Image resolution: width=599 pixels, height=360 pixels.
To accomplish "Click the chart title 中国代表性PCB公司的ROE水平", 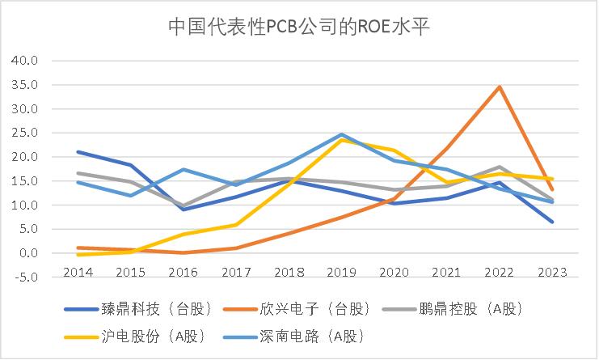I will [x=299, y=26].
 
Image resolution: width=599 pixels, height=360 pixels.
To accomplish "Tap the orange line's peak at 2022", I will [x=500, y=87].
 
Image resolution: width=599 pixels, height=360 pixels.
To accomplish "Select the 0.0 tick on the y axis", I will [x=27, y=253].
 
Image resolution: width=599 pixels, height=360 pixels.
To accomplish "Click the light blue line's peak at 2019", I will [x=341, y=134].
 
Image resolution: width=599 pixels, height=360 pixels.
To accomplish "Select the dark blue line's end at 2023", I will [x=553, y=222].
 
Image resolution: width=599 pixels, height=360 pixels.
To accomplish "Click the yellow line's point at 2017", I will [x=235, y=225].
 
